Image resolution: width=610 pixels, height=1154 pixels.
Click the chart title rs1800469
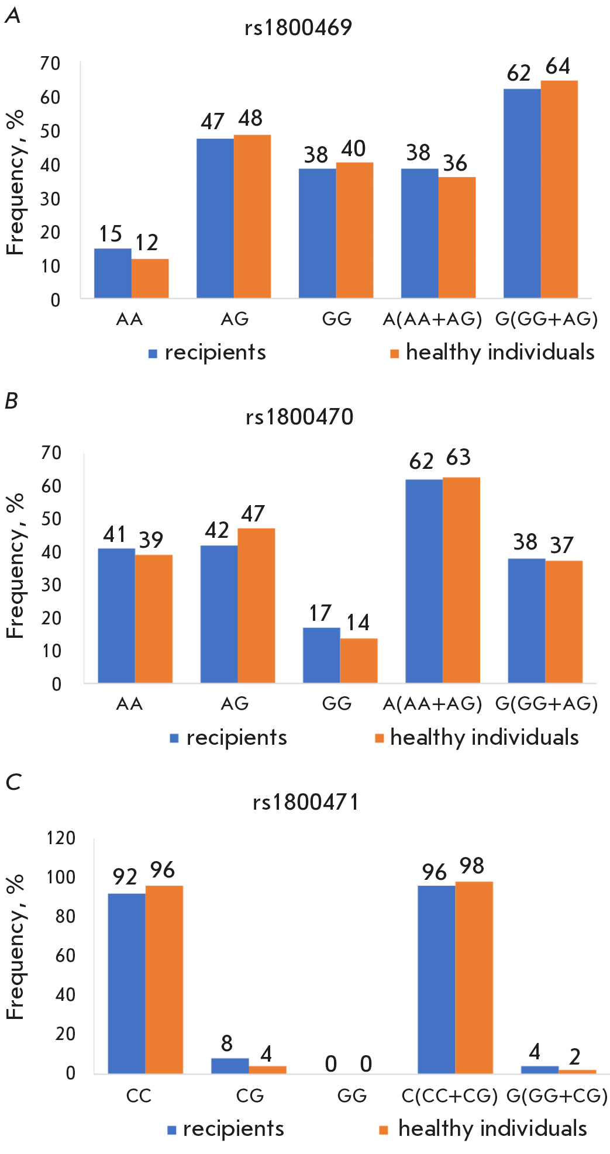(x=298, y=27)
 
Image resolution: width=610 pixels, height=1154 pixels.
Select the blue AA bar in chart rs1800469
(x=112, y=273)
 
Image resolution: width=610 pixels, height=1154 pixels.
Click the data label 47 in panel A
(x=212, y=122)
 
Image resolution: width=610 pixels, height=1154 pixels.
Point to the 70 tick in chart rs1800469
(x=50, y=63)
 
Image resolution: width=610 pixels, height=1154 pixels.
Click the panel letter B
(x=11, y=401)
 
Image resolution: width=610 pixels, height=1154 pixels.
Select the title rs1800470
(x=299, y=417)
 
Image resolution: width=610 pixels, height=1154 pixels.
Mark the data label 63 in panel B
(x=458, y=458)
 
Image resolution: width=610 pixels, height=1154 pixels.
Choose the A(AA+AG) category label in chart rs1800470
(x=432, y=703)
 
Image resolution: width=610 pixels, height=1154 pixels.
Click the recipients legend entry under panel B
(x=228, y=738)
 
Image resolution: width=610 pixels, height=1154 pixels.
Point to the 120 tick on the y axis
(x=61, y=838)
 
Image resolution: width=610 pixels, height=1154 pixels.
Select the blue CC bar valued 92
(x=127, y=983)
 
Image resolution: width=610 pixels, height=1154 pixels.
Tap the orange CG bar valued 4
(x=267, y=1069)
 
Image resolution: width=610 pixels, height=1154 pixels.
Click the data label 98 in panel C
(x=472, y=866)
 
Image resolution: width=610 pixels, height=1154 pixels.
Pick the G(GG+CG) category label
(x=557, y=1095)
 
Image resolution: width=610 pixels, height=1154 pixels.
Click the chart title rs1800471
(x=306, y=802)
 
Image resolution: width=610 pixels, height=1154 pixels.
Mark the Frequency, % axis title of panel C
(x=15, y=947)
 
